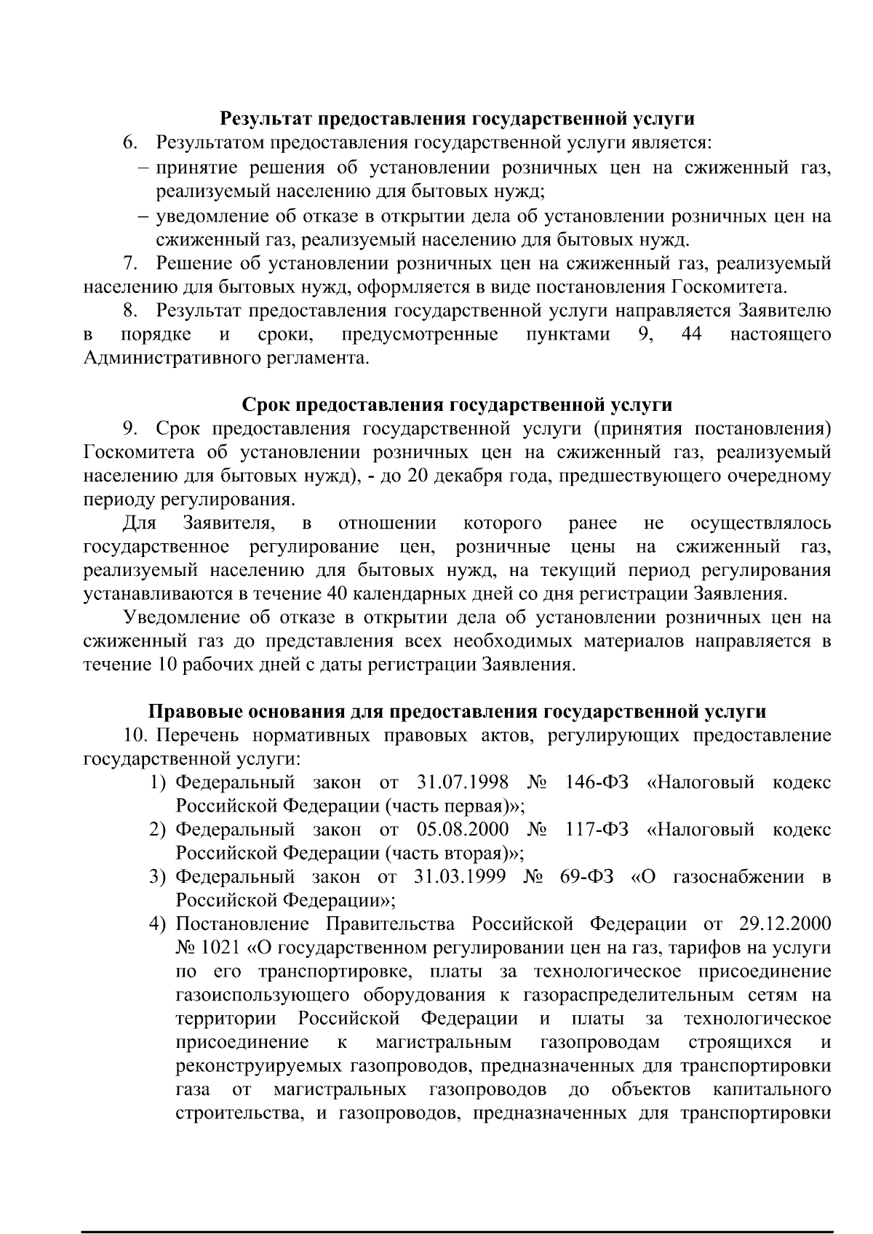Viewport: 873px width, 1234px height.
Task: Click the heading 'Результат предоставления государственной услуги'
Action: point(457,119)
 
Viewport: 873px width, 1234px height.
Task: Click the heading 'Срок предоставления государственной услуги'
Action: point(457,404)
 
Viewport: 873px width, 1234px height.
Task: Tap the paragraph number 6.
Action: point(129,143)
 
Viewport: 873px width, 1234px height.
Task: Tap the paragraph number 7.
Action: point(130,263)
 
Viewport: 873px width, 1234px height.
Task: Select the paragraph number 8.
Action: point(130,311)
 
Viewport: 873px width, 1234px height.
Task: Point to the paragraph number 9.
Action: point(130,428)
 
